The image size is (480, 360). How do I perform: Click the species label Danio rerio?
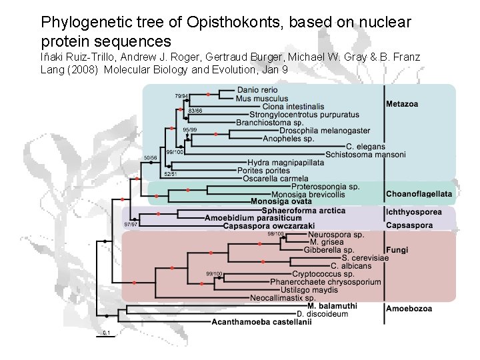[257, 90]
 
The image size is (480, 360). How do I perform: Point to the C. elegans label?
[365, 147]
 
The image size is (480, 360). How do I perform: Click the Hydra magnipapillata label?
[285, 162]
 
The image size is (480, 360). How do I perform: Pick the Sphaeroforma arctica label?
[304, 211]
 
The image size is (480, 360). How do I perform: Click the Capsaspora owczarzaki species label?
[269, 226]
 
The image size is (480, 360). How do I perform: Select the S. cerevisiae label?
[365, 257]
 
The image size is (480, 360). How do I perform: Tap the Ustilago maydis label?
[309, 290]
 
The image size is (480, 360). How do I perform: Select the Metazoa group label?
[402, 103]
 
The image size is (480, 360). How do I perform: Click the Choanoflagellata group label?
[419, 195]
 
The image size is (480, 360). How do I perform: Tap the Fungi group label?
[397, 251]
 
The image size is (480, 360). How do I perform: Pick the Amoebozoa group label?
[409, 309]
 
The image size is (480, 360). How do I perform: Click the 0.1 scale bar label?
[106, 332]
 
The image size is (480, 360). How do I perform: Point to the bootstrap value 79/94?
[181, 96]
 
